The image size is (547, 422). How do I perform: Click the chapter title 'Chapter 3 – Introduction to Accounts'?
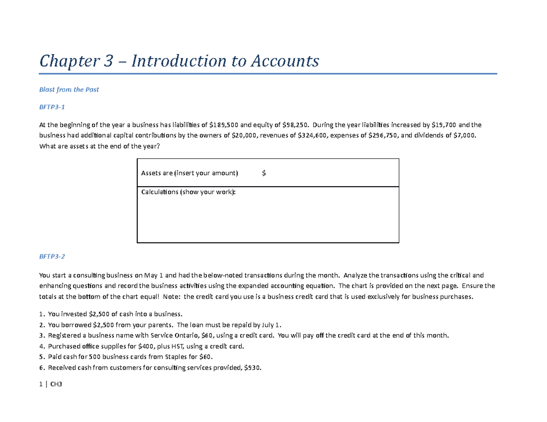tap(179, 60)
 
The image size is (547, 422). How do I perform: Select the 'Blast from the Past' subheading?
tap(69, 90)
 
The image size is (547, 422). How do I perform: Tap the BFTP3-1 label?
tap(52, 107)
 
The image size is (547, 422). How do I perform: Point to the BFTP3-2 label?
tap(52, 256)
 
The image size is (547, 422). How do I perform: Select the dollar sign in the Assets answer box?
tap(264, 173)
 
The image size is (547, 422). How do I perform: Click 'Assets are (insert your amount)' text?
tap(190, 173)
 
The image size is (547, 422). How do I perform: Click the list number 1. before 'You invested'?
tap(42, 314)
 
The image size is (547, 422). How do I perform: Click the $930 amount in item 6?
tap(253, 368)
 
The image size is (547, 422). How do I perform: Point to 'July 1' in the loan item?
tap(272, 325)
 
